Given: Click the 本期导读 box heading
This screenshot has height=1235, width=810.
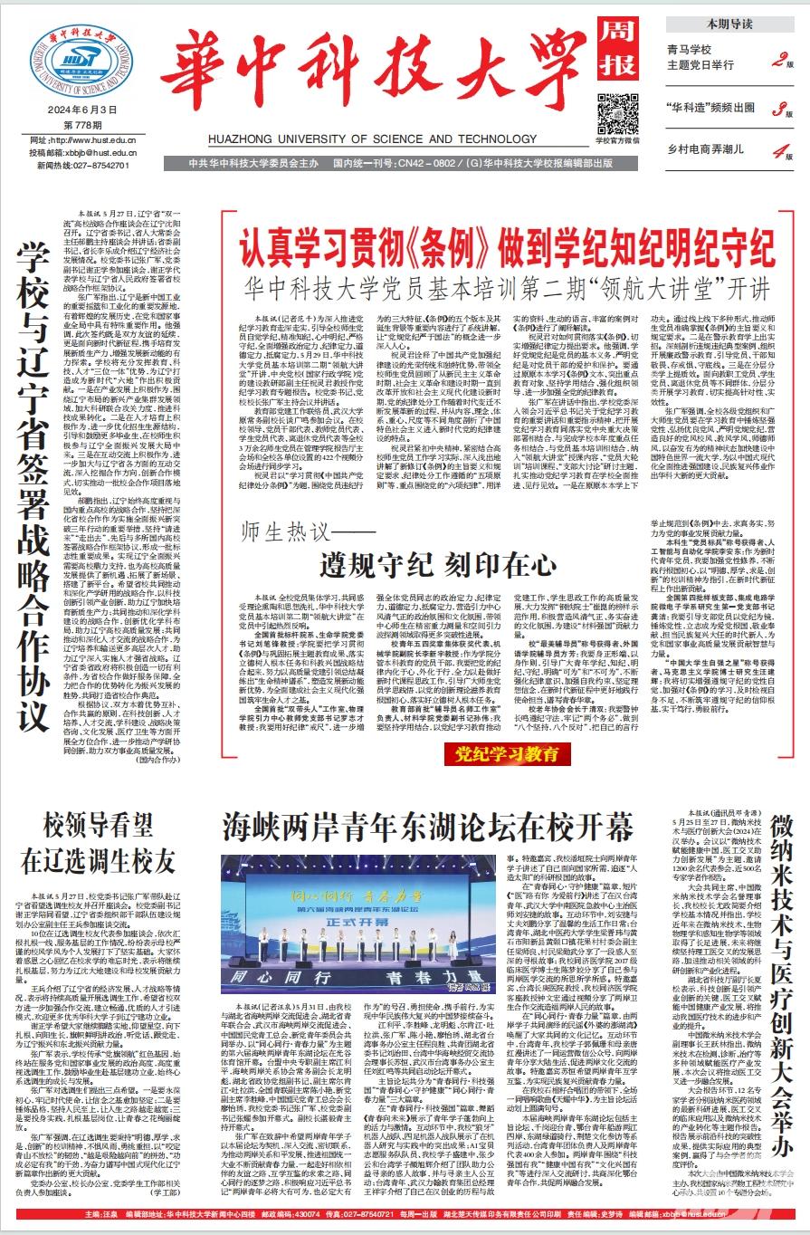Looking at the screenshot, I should (x=729, y=24).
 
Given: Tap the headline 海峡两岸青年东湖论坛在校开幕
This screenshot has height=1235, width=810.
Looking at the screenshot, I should (x=428, y=828).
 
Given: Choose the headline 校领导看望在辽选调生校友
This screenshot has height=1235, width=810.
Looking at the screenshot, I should (x=98, y=842).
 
